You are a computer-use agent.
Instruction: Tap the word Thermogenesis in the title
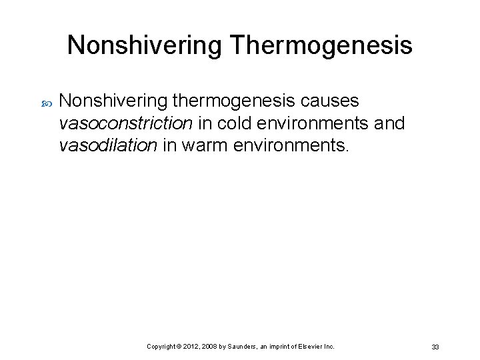321,46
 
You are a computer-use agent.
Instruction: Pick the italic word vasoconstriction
126,123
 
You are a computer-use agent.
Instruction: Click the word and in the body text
385,123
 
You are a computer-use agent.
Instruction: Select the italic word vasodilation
109,145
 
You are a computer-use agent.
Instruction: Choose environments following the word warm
291,145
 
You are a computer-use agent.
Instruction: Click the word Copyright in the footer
161,347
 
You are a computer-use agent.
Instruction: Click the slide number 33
435,347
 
